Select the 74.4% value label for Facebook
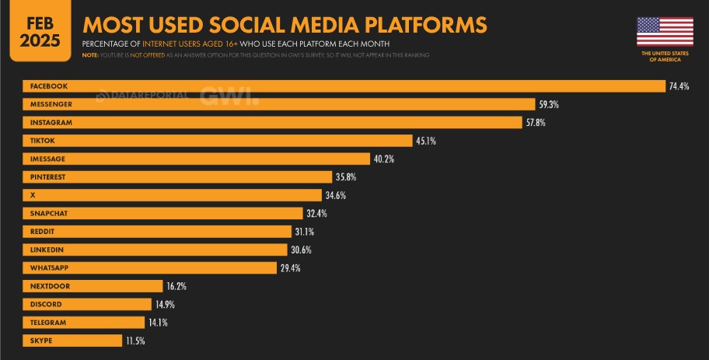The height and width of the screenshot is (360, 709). point(679,86)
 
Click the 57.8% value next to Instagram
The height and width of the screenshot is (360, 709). point(537,123)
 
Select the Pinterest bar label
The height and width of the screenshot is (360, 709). point(48,177)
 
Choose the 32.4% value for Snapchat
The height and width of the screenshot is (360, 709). point(317,214)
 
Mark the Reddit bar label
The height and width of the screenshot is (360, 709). point(42,232)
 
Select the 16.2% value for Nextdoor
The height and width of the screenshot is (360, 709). point(176,286)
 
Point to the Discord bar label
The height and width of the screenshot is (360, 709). point(45,304)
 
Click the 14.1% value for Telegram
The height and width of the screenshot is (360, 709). point(159,323)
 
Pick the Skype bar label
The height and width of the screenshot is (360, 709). point(41,341)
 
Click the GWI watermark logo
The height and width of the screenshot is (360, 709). point(229,96)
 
